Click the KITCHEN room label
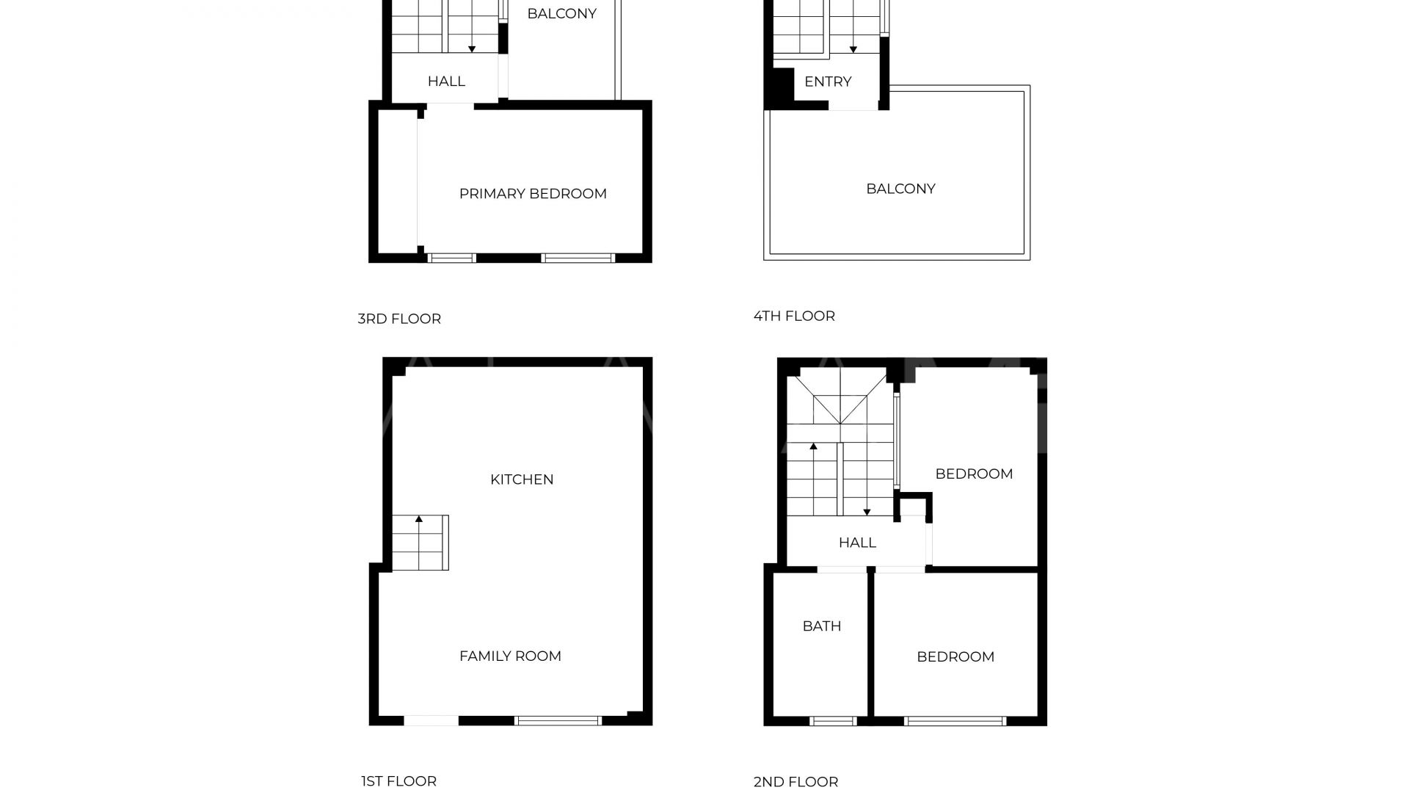pos(522,479)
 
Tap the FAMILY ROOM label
pos(510,656)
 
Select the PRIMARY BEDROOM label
pos(533,194)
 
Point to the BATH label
pos(822,626)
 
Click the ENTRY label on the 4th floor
pos(828,82)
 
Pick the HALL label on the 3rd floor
pos(446,82)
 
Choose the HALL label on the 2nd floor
pos(857,543)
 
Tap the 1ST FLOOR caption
pos(398,781)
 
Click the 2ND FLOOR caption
pos(795,782)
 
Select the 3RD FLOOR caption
pos(399,319)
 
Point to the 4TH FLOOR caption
pos(794,316)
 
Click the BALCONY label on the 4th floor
pos(900,189)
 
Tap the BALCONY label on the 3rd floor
pos(561,13)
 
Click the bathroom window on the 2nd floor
pos(833,721)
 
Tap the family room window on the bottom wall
pos(558,721)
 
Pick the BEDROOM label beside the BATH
pos(955,657)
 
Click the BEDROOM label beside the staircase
pos(974,474)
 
